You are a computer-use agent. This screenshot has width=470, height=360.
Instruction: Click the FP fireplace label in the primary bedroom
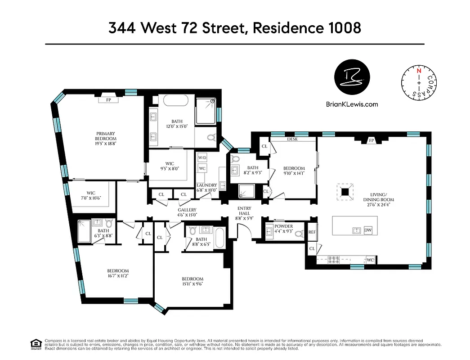(108, 100)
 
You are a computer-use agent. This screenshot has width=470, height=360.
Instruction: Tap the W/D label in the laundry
(202, 158)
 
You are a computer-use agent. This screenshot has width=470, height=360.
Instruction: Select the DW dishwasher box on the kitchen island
(368, 230)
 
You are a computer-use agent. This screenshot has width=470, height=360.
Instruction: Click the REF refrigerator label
(312, 232)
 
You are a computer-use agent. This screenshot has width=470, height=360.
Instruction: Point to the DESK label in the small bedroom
(293, 139)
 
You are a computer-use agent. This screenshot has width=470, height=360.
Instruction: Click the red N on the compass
(419, 71)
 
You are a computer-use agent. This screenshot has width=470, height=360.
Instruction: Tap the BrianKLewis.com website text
(352, 104)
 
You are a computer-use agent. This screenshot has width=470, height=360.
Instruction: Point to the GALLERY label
(187, 210)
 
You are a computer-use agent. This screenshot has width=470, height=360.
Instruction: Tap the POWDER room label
(283, 226)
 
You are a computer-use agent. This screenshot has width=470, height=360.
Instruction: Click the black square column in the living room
(345, 192)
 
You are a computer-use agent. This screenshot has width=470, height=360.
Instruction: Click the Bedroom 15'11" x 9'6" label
(192, 282)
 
